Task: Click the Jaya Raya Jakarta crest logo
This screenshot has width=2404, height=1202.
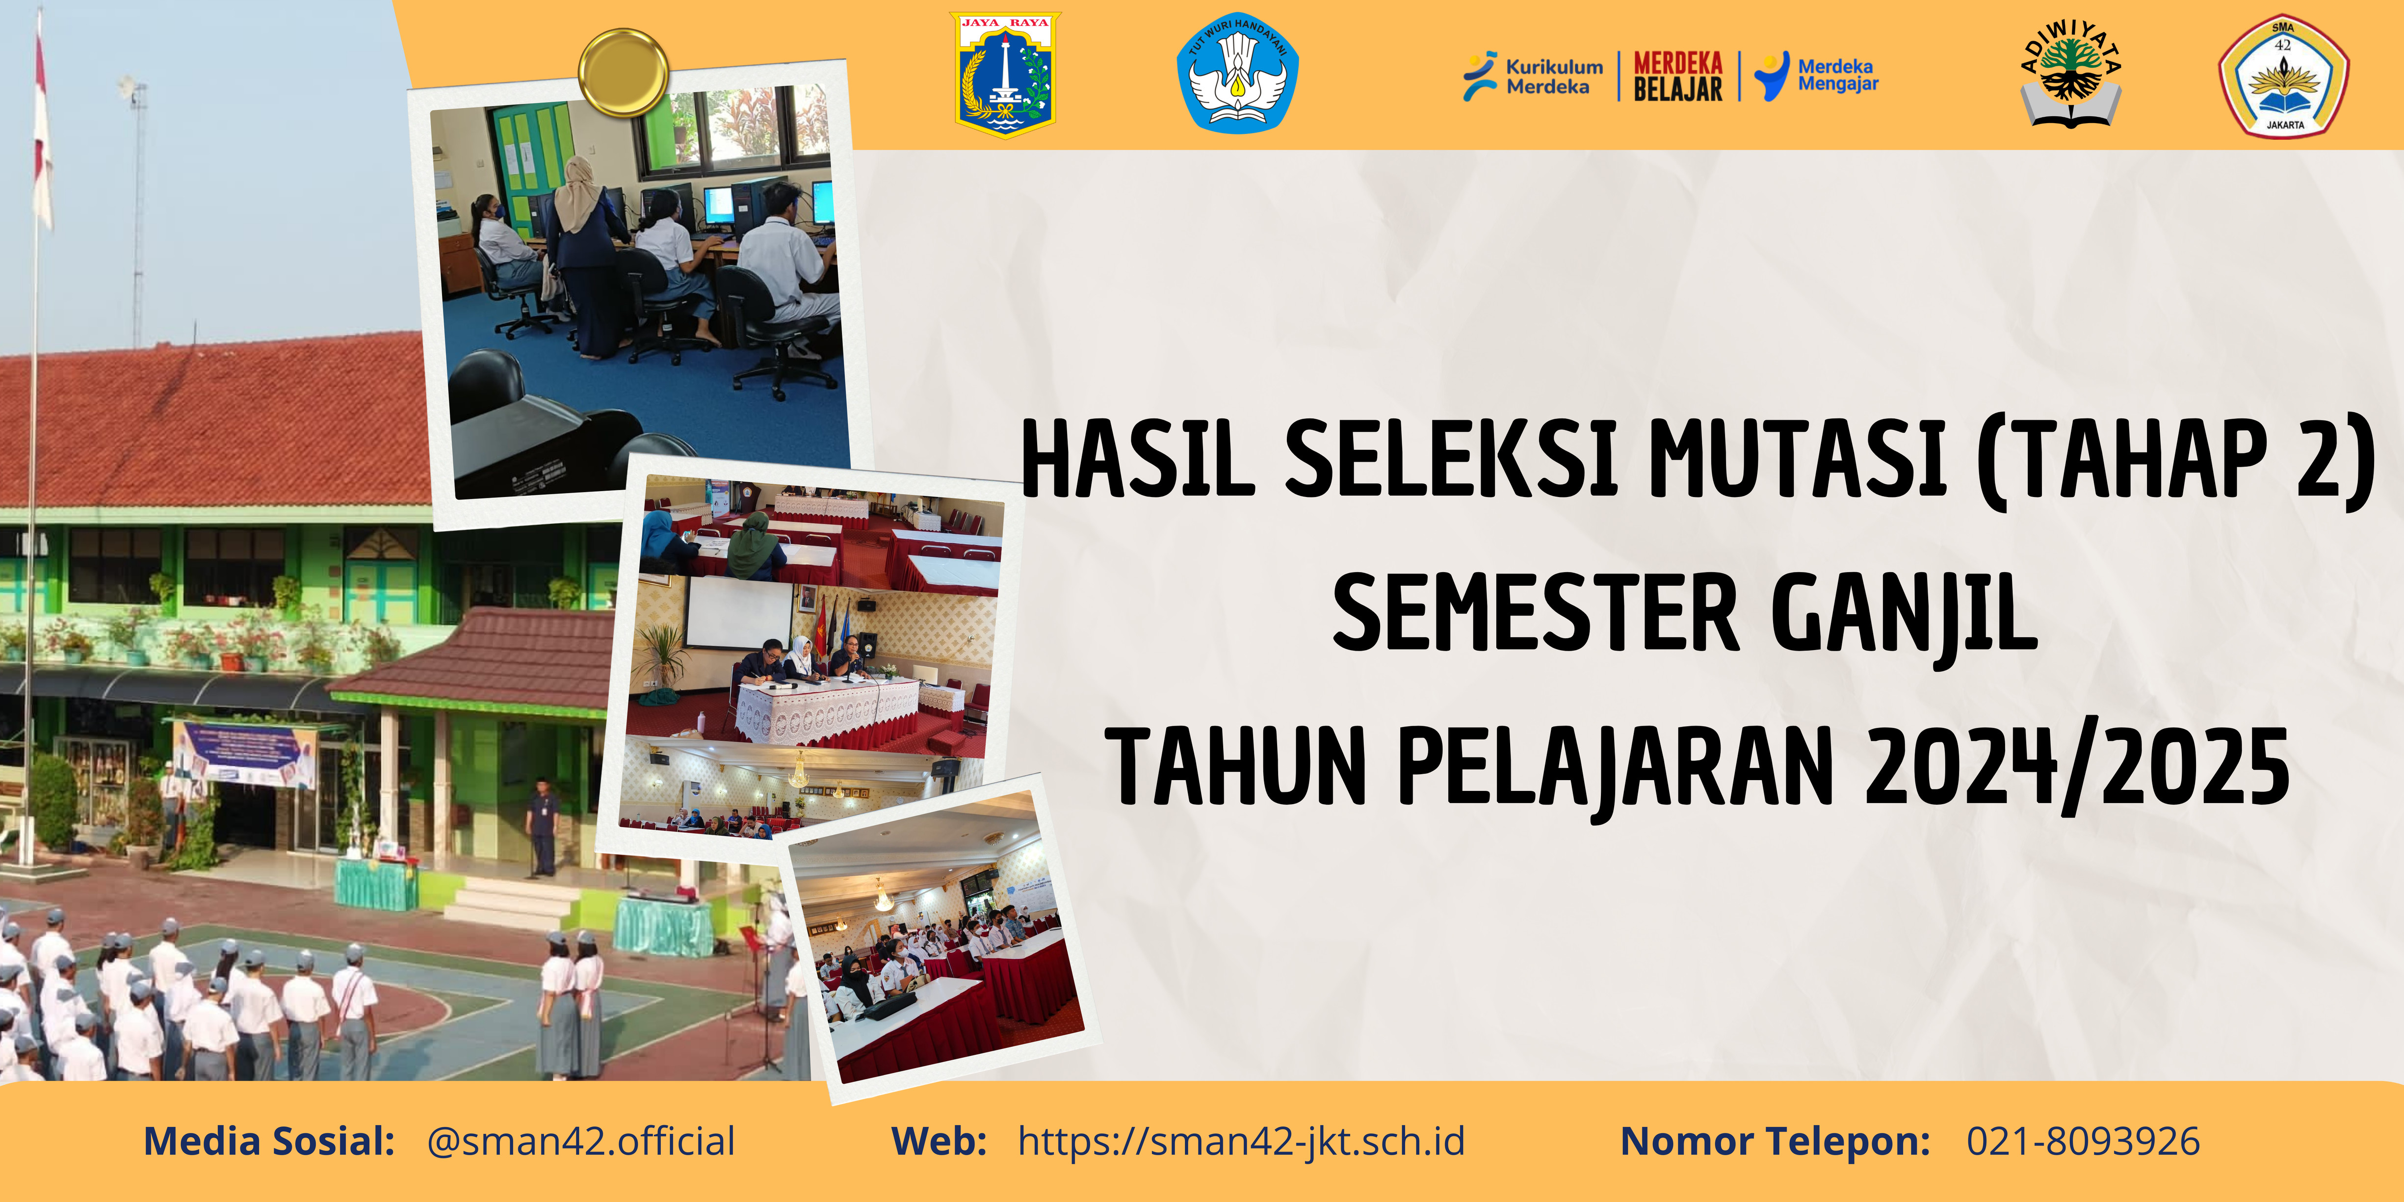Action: click(1005, 75)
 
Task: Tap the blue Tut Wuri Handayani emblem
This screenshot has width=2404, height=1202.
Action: click(1236, 73)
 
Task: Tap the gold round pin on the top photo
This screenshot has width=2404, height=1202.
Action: click(623, 72)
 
